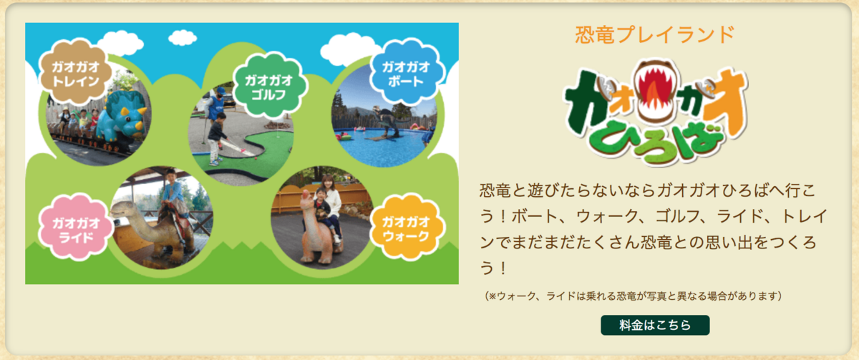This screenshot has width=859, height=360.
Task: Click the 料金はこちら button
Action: click(x=655, y=325)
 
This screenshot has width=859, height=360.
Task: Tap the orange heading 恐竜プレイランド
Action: click(x=654, y=34)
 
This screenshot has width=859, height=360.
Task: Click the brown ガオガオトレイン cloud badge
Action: click(x=76, y=73)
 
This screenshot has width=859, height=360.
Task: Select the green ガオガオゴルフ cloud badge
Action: click(x=270, y=86)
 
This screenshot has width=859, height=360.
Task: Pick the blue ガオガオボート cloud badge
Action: click(x=407, y=73)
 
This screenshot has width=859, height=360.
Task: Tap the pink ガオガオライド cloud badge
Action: click(x=76, y=229)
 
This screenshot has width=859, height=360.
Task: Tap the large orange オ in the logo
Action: click(x=724, y=104)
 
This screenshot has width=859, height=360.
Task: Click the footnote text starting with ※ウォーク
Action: click(x=633, y=296)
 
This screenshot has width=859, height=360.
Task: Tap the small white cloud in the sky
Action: click(x=183, y=37)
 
